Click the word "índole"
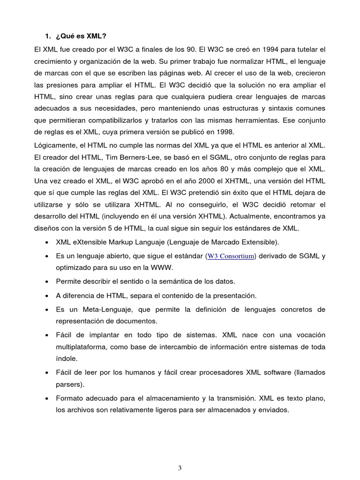click(x=66, y=358)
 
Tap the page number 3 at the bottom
click(x=180, y=468)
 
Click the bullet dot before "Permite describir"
click(x=47, y=282)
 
